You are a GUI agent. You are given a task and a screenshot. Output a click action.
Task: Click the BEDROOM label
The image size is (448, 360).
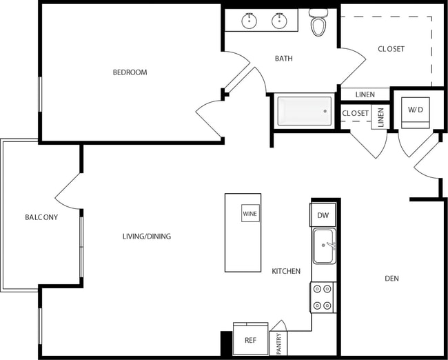click(130, 72)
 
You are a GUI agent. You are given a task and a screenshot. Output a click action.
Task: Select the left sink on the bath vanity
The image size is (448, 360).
click(250, 21)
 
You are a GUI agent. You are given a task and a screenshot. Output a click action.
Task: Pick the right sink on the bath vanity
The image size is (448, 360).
click(279, 21)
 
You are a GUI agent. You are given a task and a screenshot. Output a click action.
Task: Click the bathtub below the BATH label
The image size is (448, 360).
click(304, 111)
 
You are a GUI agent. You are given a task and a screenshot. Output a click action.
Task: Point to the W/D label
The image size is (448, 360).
click(415, 110)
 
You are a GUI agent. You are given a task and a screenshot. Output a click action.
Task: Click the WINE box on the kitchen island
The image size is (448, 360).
click(250, 214)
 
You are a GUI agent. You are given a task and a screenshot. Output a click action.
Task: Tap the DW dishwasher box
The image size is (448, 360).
click(323, 215)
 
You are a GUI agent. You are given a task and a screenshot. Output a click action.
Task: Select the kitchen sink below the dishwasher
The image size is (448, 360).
click(323, 246)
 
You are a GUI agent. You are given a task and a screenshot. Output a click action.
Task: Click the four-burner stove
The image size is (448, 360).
click(323, 297)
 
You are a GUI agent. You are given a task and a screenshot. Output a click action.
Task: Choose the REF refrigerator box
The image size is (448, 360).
click(250, 340)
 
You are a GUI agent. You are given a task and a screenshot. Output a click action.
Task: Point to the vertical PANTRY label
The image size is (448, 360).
click(279, 343)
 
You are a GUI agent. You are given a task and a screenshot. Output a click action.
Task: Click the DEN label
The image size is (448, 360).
click(392, 279)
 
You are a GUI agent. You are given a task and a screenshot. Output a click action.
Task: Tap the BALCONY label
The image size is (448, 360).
click(41, 217)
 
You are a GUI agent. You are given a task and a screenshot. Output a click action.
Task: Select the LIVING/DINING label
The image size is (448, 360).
click(147, 237)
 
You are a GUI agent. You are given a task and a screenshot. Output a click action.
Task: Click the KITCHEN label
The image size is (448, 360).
click(286, 271)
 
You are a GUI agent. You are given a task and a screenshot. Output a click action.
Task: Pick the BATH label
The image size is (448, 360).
click(284, 59)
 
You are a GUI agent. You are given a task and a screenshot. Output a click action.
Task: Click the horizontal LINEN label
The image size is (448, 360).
click(365, 94)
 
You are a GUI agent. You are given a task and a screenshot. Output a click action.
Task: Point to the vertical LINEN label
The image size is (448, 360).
click(381, 117)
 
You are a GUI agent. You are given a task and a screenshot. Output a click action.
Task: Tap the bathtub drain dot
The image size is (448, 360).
click(324, 110)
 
